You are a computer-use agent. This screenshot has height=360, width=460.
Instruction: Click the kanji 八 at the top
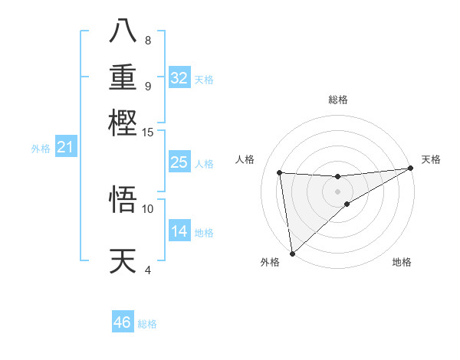pyautogui.click(x=123, y=31)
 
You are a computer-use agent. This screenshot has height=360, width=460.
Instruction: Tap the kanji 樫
pyautogui.click(x=123, y=122)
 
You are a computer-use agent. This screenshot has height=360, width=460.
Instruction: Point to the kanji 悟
pyautogui.click(x=123, y=199)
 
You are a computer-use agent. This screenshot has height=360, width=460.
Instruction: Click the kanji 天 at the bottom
pyautogui.click(x=123, y=261)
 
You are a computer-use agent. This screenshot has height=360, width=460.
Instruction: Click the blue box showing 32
pyautogui.click(x=179, y=78)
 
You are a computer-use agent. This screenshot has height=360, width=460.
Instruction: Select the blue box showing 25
pyautogui.click(x=179, y=162)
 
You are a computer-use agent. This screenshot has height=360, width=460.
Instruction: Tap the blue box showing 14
pyautogui.click(x=179, y=232)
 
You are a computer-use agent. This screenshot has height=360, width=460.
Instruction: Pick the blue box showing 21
pyautogui.click(x=65, y=147)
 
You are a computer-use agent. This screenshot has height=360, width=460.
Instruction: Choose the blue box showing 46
pyautogui.click(x=123, y=322)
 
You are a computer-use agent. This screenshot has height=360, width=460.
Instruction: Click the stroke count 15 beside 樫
pyautogui.click(x=148, y=132)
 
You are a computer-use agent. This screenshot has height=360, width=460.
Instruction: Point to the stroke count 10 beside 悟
pyautogui.click(x=148, y=208)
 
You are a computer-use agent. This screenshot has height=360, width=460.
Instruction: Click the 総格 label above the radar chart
pyautogui.click(x=338, y=100)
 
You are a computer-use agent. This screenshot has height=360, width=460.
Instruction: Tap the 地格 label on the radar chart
pyautogui.click(x=402, y=263)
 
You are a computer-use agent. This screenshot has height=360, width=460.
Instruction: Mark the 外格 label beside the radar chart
pyautogui.click(x=270, y=263)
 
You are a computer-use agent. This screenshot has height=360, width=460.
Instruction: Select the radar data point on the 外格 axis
pyautogui.click(x=292, y=254)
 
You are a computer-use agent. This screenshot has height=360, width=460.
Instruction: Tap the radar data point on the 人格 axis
pyautogui.click(x=280, y=172)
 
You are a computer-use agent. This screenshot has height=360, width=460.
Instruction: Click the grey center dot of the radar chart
pyautogui.click(x=338, y=191)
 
